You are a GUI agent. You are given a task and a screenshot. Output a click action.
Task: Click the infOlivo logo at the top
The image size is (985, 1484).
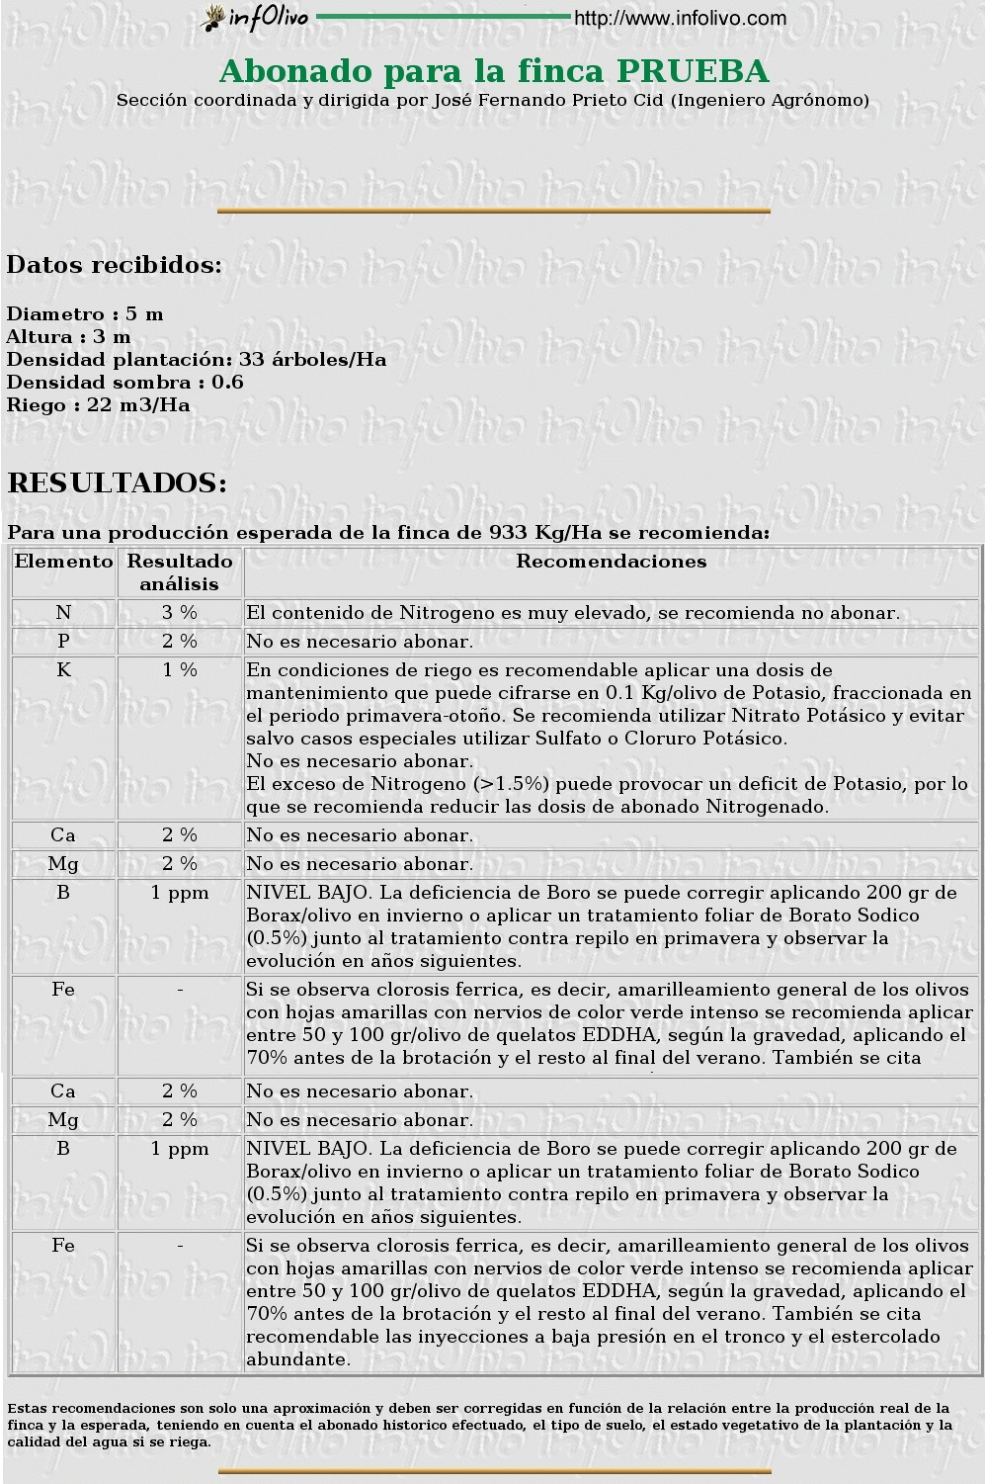point(255,18)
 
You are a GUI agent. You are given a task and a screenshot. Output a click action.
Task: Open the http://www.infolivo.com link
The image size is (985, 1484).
point(680,18)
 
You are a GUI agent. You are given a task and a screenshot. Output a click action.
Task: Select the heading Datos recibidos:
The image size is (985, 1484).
point(115,265)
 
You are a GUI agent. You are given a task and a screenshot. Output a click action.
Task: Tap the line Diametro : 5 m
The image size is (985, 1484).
point(85,314)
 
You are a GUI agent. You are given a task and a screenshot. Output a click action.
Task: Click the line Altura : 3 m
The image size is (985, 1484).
point(68,337)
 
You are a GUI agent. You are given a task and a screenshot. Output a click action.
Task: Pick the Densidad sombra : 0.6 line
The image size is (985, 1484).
point(124,383)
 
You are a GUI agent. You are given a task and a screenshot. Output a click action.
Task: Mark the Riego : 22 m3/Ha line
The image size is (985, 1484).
point(98,405)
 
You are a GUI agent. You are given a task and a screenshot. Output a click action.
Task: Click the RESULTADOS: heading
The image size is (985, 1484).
point(118,483)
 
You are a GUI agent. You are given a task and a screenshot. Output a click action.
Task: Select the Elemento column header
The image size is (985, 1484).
point(64,562)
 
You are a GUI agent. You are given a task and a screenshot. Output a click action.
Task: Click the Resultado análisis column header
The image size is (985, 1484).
point(180,572)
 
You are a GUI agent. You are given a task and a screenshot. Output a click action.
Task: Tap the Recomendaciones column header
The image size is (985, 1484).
point(612,562)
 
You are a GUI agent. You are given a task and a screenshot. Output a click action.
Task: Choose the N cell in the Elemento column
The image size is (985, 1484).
point(64,613)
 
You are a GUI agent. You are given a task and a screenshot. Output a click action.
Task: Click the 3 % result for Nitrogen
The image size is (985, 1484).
point(180,613)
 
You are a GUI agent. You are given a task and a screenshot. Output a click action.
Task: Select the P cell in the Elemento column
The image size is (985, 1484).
point(64,642)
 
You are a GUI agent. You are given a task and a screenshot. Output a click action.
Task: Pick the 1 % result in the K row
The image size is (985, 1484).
point(180,670)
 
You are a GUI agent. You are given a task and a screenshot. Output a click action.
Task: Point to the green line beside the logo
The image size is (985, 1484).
point(443,17)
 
